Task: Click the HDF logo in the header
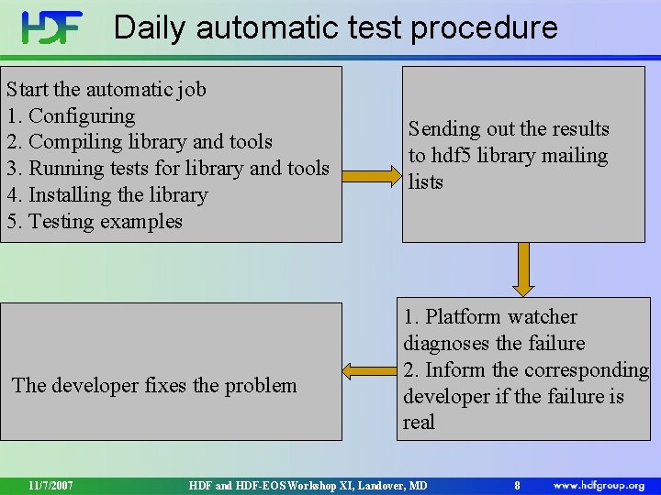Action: coord(52,27)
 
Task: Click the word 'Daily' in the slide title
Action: coord(151,27)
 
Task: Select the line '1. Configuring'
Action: coord(71,116)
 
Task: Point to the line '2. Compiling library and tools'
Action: coord(140,142)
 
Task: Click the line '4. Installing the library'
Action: coord(107,195)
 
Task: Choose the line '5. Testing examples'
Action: coord(95,222)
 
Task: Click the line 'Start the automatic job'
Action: coord(106,90)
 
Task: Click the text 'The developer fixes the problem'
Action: coord(154,385)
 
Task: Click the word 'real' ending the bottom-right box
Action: coord(419,423)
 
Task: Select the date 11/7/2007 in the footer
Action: coord(50,485)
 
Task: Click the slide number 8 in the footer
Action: coord(517,485)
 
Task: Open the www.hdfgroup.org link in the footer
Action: coord(599,485)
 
